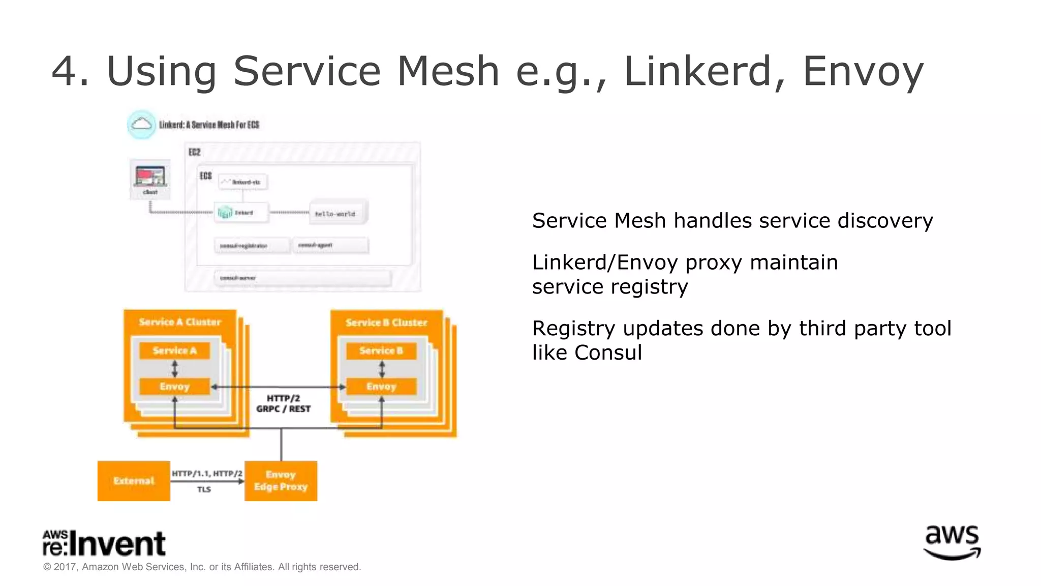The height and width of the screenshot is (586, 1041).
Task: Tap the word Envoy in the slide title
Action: [863, 71]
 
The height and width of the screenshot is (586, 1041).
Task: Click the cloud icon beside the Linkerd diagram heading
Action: [141, 125]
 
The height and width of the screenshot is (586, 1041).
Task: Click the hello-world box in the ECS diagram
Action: [338, 213]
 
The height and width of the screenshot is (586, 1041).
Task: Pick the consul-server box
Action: [302, 278]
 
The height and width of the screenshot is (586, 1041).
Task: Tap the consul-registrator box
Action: [251, 246]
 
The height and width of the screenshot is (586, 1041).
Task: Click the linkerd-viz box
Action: [243, 182]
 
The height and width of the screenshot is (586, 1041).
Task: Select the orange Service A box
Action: [174, 350]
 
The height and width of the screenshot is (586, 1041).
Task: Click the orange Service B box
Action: [381, 350]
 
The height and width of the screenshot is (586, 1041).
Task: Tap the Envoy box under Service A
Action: [174, 387]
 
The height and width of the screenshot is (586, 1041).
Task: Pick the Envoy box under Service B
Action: [381, 387]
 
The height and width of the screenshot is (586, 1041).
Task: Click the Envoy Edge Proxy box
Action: [281, 481]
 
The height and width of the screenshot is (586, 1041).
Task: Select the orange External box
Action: [134, 481]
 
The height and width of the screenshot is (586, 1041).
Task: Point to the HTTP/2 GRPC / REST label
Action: [283, 403]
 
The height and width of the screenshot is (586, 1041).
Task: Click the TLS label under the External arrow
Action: [204, 489]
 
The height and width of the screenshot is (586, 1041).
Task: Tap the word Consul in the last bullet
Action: [608, 353]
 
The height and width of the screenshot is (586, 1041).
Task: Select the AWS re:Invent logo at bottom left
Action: [104, 543]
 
